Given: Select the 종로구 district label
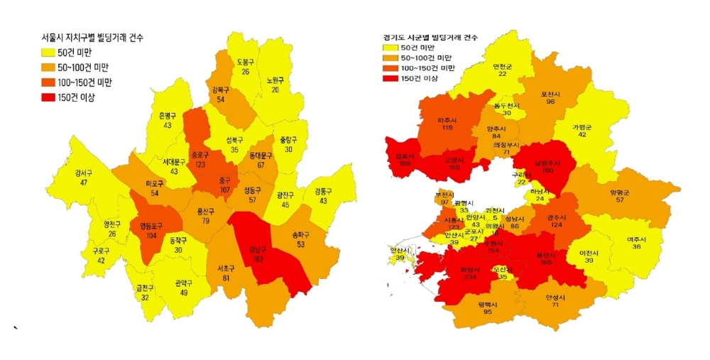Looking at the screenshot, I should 199,155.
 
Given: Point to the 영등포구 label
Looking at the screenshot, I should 147,226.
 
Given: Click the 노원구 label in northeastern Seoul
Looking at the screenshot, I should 275,80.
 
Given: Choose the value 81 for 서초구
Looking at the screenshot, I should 226,278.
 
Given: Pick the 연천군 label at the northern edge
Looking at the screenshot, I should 502,66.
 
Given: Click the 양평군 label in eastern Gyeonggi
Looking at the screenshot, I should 619,192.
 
